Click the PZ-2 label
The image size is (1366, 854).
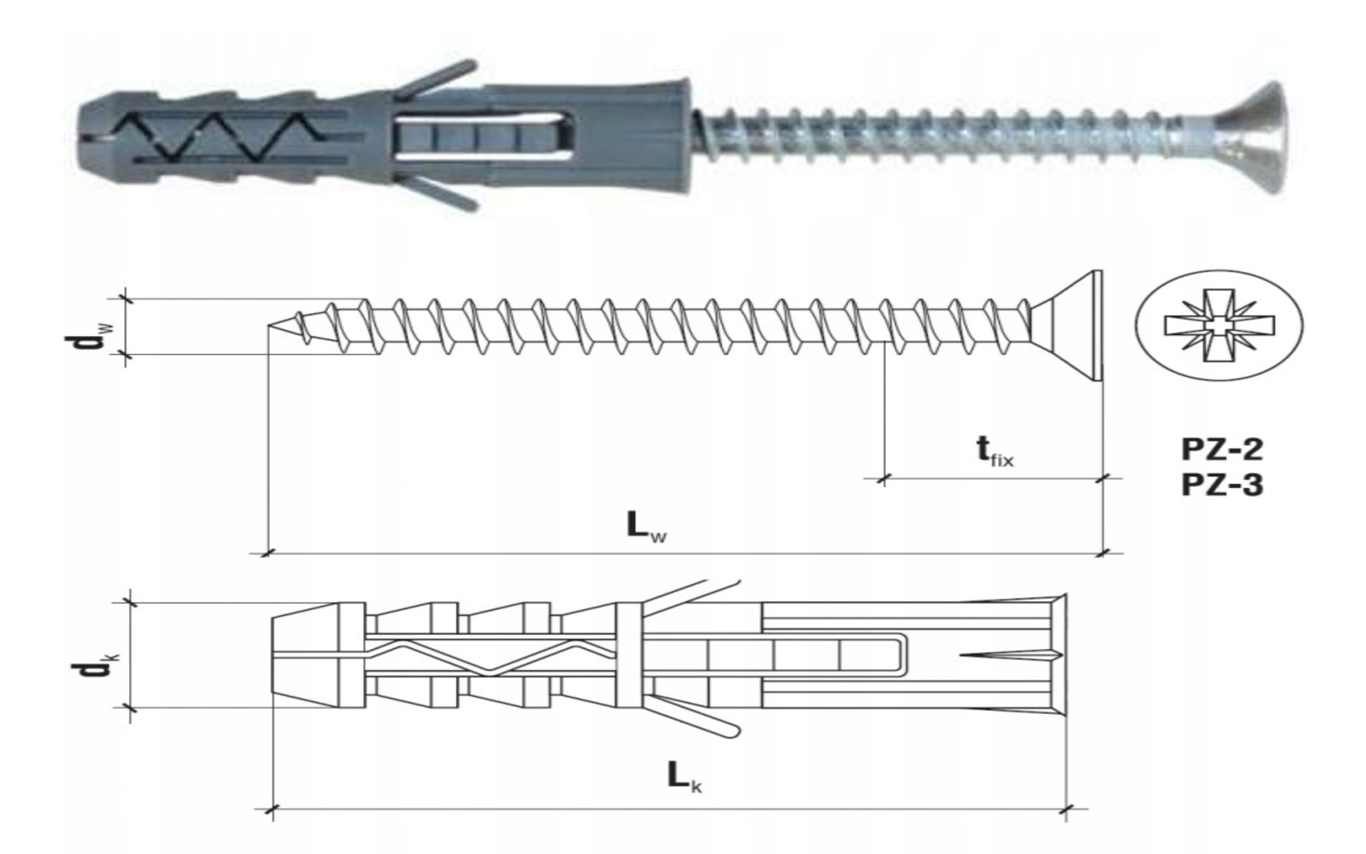[1222, 450]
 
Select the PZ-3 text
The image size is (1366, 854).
[1222, 486]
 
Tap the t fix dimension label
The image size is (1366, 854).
[994, 452]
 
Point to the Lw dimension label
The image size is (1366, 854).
[646, 525]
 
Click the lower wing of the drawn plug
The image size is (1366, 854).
[695, 714]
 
